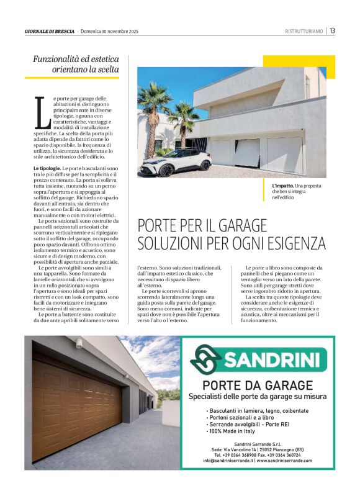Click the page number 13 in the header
(x=333, y=30)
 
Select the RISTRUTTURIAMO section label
(x=304, y=31)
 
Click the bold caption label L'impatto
(x=282, y=186)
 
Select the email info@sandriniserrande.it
(x=228, y=461)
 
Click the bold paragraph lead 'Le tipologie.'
(x=47, y=168)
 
